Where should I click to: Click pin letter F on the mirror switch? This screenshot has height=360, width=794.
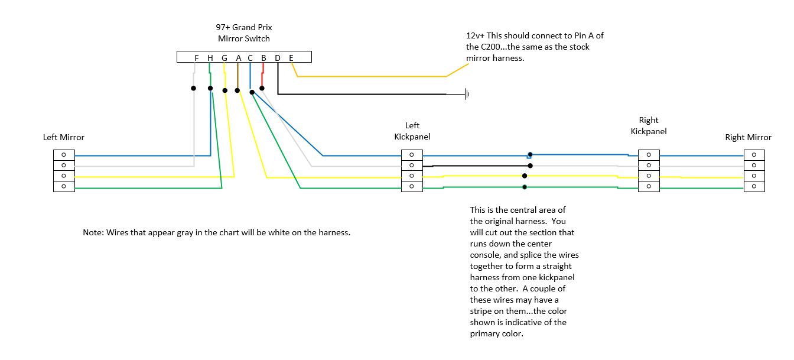coord(197,57)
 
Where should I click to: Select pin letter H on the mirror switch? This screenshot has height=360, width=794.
coord(210,57)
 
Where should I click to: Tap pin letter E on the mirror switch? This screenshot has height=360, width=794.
coord(291,57)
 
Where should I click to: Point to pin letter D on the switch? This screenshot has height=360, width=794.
coord(277,57)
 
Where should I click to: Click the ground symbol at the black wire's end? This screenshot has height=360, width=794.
coord(467,94)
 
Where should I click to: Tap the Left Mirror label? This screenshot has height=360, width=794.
coord(64,137)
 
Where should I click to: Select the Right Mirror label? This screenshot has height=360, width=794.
coord(748,137)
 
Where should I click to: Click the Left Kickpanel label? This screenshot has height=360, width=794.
coord(412,131)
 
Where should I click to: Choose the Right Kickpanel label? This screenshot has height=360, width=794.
coord(648,125)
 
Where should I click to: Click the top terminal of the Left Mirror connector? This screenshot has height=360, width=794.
coord(64,155)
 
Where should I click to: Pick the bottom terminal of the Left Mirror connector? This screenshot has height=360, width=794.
coord(64,187)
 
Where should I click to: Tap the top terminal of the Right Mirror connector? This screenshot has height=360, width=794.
coord(754,155)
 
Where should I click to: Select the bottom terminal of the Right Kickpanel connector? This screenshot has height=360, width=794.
coord(649,187)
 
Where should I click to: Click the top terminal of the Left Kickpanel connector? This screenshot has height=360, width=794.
coord(412,155)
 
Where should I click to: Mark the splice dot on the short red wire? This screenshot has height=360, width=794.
coord(262,88)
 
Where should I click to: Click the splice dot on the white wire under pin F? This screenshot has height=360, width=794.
coord(193,88)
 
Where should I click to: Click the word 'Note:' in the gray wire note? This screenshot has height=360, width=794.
coord(93,232)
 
